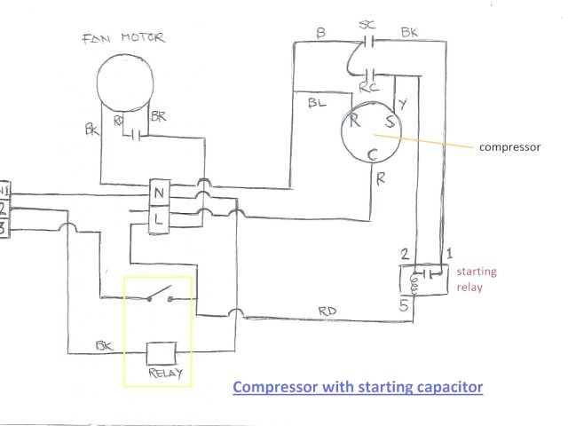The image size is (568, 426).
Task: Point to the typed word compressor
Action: coord(509,147)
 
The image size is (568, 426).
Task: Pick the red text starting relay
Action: coord(477,279)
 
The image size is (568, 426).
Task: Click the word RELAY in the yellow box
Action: coord(166,373)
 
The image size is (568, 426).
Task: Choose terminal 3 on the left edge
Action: coord(4,228)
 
